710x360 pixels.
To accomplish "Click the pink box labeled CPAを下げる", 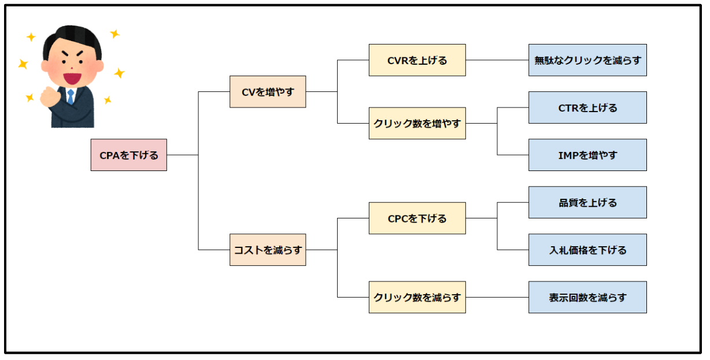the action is click(129, 155).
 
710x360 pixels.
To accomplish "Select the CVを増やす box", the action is click(268, 91).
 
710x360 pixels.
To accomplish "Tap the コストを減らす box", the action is click(268, 250).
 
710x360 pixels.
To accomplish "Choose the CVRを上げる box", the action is click(417, 60).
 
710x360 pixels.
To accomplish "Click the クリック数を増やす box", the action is click(417, 123).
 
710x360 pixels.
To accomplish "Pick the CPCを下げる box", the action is click(417, 218).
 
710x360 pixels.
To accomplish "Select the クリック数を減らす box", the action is click(417, 297).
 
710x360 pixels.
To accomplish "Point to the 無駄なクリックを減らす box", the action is click(587, 60).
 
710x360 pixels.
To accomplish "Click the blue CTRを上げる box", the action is click(587, 107).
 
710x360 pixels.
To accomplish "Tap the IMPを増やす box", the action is click(587, 155).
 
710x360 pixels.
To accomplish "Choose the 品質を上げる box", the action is click(587, 202).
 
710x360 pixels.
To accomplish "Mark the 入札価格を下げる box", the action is click(587, 250).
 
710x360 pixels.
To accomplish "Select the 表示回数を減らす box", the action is click(587, 297).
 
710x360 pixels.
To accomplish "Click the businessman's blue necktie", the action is click(71, 97).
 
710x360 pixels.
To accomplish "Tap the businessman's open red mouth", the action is click(72, 78).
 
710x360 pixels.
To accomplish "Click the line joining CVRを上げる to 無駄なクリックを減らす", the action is click(497, 60).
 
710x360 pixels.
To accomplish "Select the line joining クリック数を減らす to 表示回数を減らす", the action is click(497, 297).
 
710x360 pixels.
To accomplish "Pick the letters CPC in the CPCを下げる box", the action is click(397, 218).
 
